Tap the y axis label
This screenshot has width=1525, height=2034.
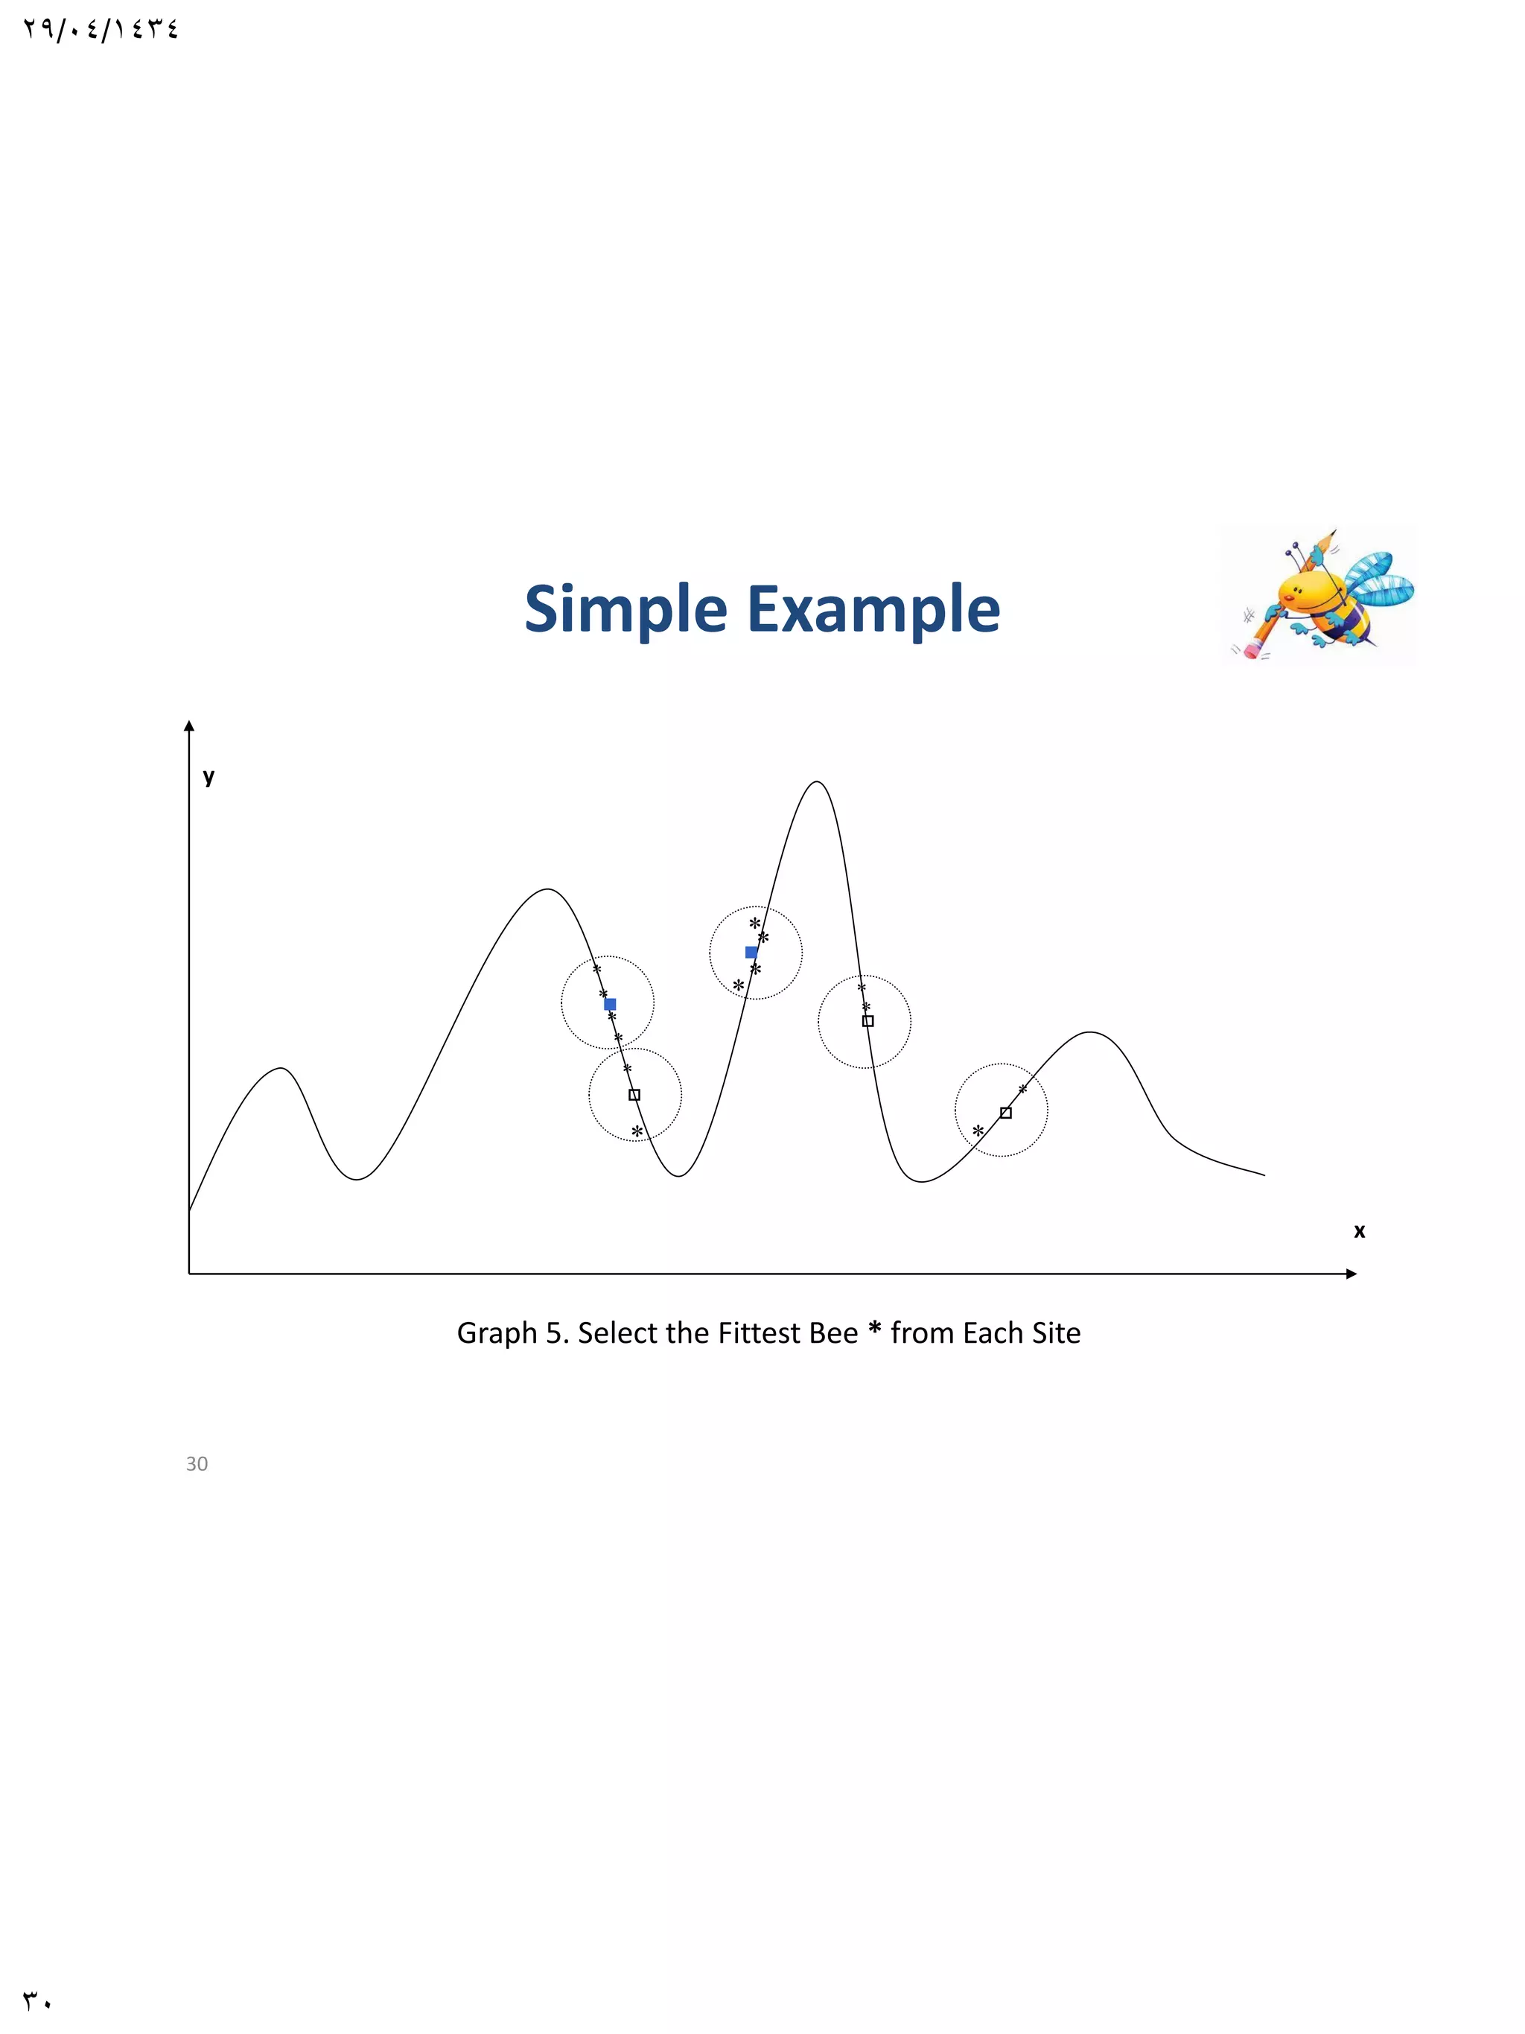click(x=208, y=776)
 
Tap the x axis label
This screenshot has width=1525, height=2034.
click(x=1359, y=1230)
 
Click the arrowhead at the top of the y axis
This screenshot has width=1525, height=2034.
click(x=189, y=726)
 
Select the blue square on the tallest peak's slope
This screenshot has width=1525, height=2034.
click(x=751, y=952)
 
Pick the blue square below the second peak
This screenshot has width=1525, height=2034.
click(x=609, y=1004)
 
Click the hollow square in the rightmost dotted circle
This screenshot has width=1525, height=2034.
click(x=1006, y=1113)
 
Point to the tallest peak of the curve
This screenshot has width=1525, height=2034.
click(x=816, y=783)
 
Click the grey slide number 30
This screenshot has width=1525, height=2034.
click(x=197, y=1464)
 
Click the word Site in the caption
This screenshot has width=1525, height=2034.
click(x=1054, y=1332)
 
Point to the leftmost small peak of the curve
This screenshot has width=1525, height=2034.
click(x=281, y=1069)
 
